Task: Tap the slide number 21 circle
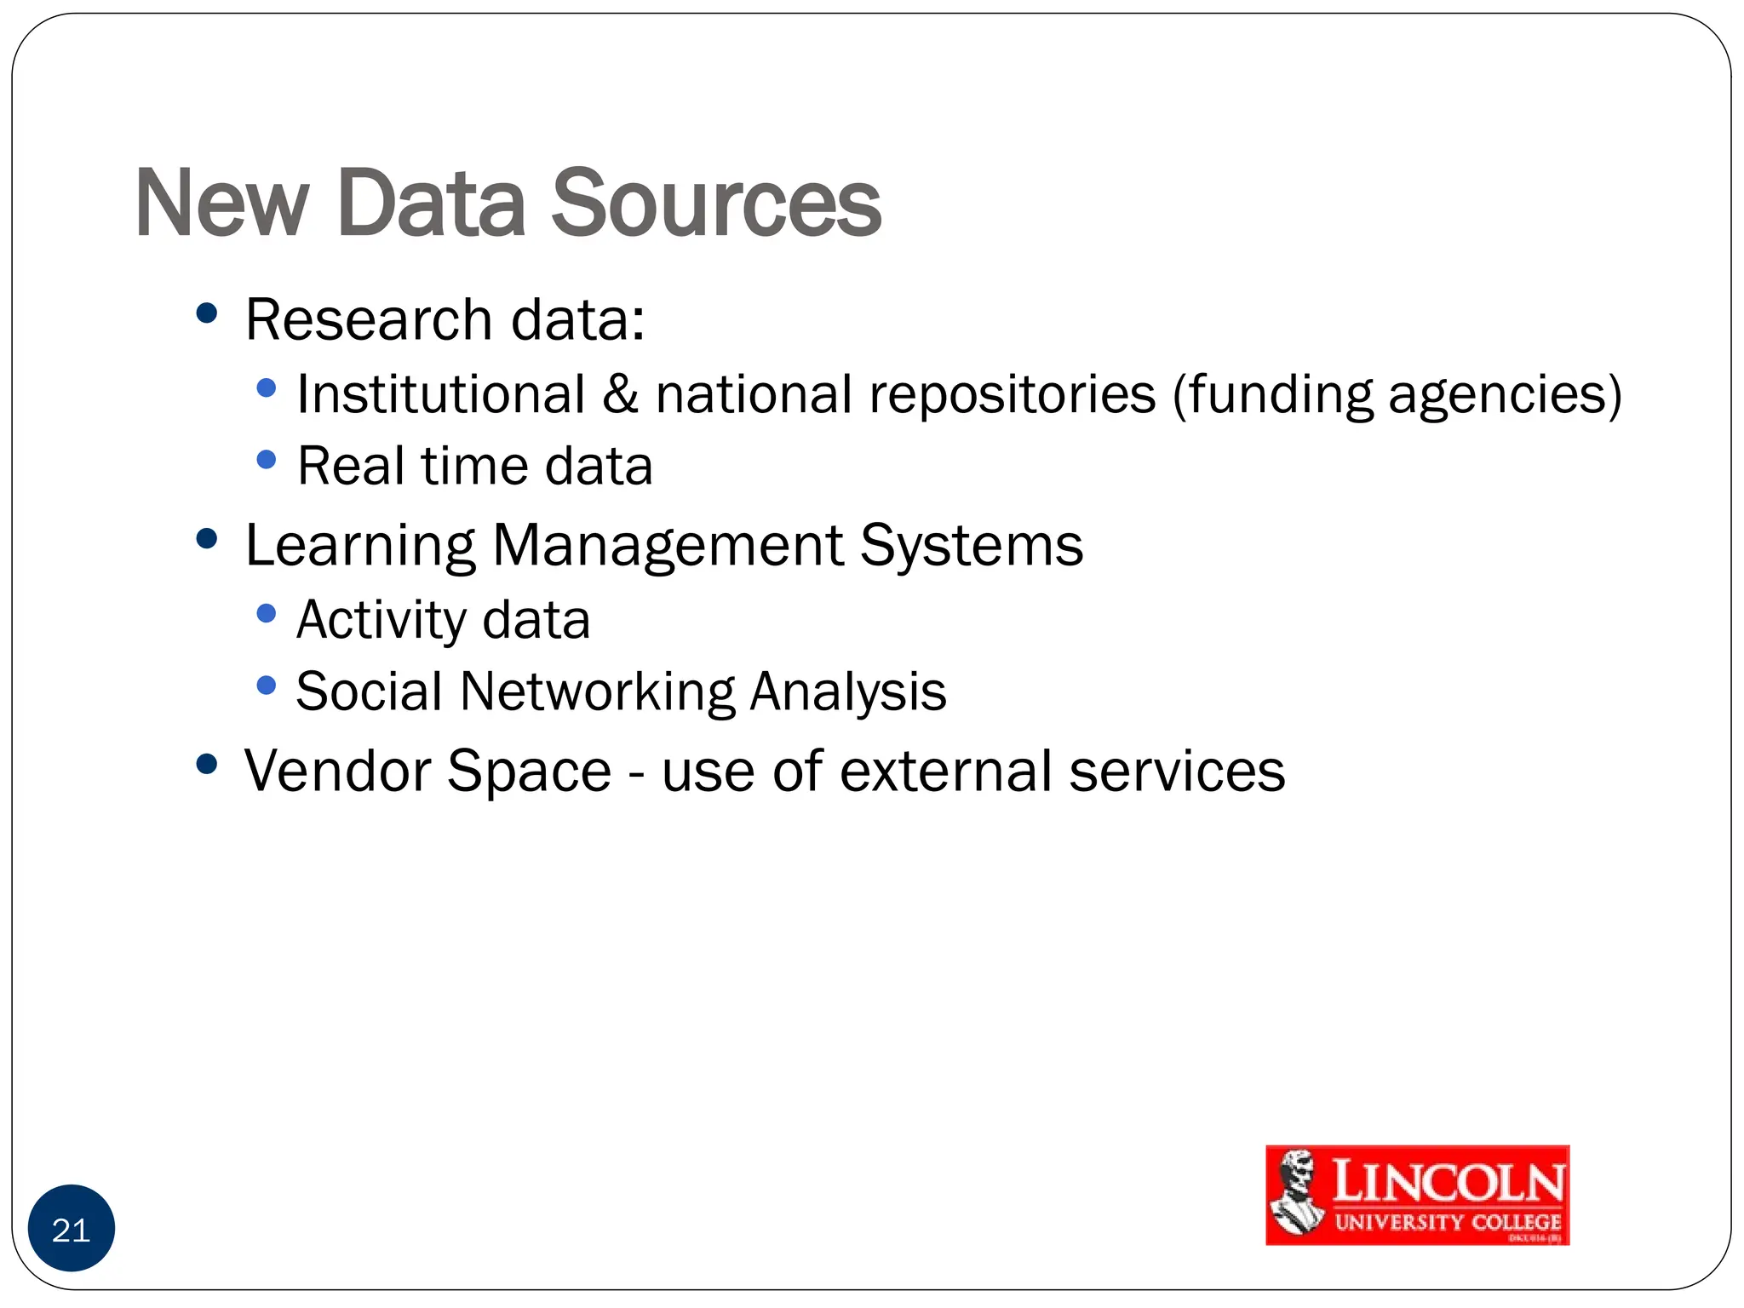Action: click(x=72, y=1230)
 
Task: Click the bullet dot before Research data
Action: click(x=207, y=313)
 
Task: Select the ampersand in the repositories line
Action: click(x=621, y=394)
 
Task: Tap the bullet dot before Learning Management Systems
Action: click(x=207, y=539)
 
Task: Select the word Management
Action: click(x=668, y=546)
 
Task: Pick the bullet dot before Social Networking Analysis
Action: click(x=267, y=686)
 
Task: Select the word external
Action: click(x=946, y=771)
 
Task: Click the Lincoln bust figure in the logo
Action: click(x=1297, y=1195)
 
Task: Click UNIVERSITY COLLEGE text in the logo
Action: click(x=1447, y=1223)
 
